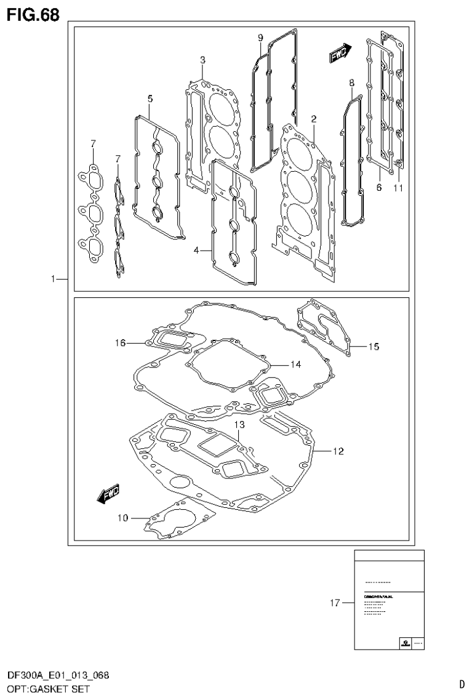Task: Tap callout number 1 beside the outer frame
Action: click(x=55, y=280)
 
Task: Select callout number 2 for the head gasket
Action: click(x=313, y=118)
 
